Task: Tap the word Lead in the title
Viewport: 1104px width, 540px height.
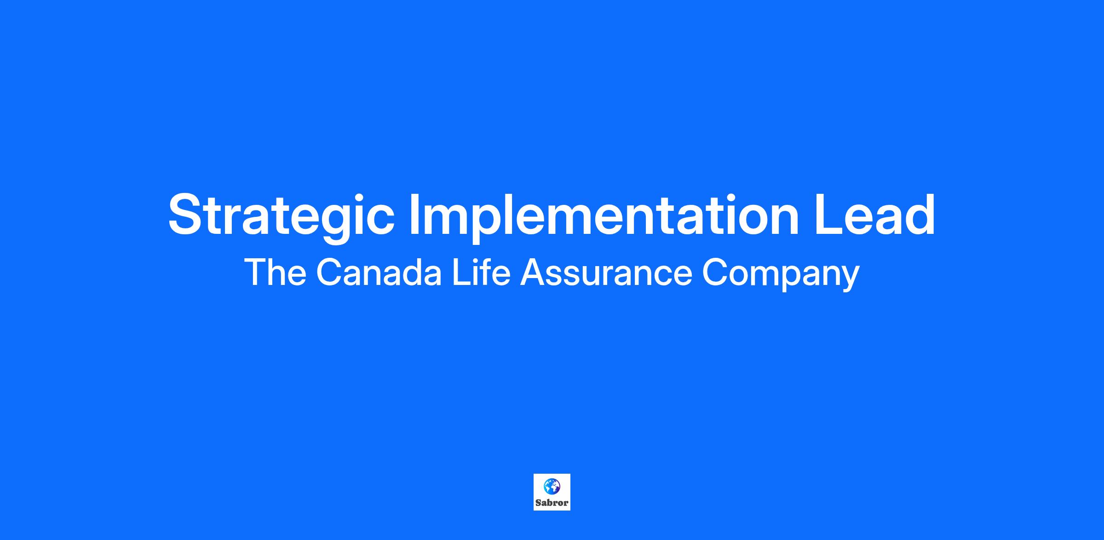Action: coord(874,214)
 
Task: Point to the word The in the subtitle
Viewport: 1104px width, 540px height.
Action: coord(275,273)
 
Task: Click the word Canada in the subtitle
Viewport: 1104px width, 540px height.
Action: coord(379,273)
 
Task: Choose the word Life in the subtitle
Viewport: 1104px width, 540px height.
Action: coord(481,273)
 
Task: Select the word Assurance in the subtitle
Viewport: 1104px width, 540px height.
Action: coord(606,273)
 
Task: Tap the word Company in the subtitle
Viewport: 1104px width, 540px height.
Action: coord(781,275)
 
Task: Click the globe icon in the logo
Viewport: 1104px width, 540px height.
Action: coord(552,486)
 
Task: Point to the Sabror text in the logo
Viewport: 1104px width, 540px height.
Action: coord(552,503)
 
